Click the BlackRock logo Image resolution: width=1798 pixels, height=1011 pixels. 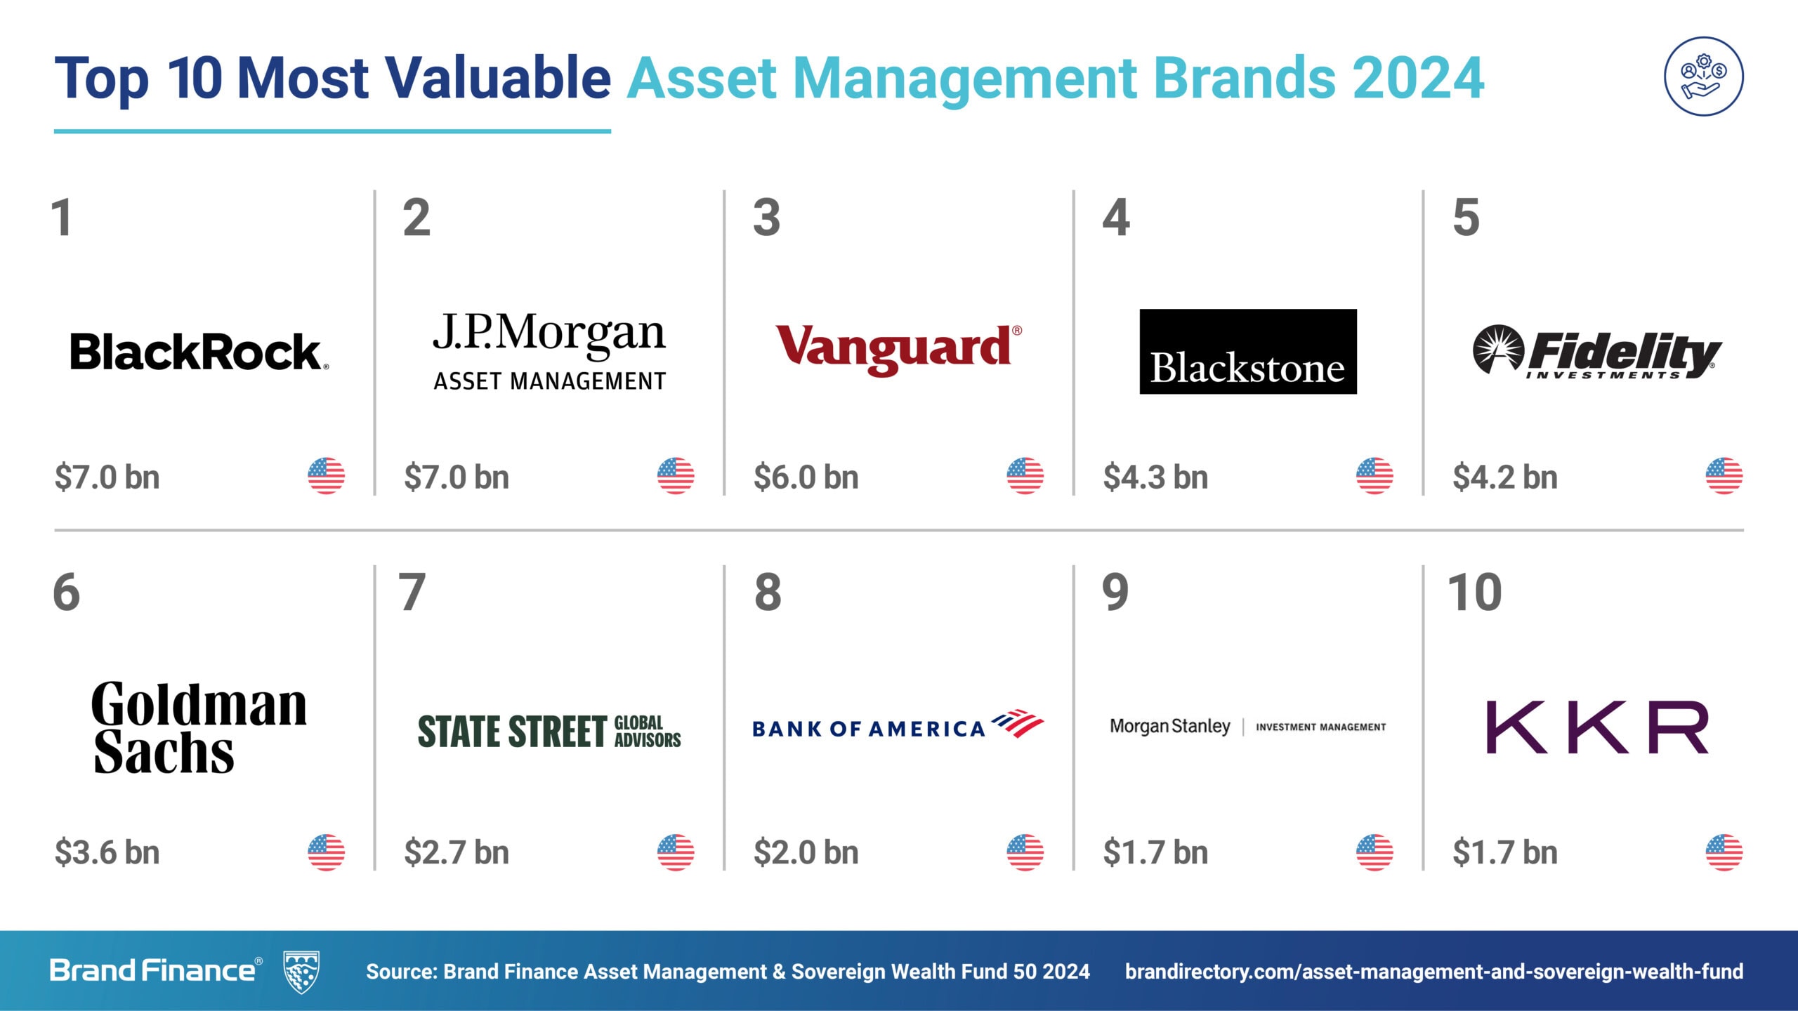199,352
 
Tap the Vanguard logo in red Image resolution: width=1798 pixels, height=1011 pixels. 898,349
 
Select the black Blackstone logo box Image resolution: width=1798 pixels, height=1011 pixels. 1247,351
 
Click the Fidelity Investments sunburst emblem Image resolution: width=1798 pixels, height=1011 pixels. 1498,349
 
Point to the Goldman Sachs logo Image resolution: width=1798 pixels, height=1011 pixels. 199,727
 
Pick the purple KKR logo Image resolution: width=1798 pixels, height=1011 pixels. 1597,727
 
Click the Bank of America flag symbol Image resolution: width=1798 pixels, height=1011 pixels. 1018,723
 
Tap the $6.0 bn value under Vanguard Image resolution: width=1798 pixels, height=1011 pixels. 806,477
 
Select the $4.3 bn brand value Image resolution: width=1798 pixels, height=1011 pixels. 1155,477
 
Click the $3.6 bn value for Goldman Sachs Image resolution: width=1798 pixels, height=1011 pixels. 107,852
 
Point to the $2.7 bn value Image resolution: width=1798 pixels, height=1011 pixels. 457,852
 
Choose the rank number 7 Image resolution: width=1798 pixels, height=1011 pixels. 412,593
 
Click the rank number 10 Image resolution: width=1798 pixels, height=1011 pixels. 1475,593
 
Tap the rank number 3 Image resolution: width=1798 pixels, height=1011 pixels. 766,218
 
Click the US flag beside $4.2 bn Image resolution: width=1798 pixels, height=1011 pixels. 1724,476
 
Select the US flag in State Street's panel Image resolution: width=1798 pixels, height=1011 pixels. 676,852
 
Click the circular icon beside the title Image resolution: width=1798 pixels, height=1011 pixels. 1703,76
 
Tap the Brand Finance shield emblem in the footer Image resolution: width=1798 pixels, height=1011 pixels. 301,972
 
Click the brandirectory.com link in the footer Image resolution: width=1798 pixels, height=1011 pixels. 1434,972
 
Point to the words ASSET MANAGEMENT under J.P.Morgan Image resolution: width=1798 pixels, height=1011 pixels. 550,381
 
